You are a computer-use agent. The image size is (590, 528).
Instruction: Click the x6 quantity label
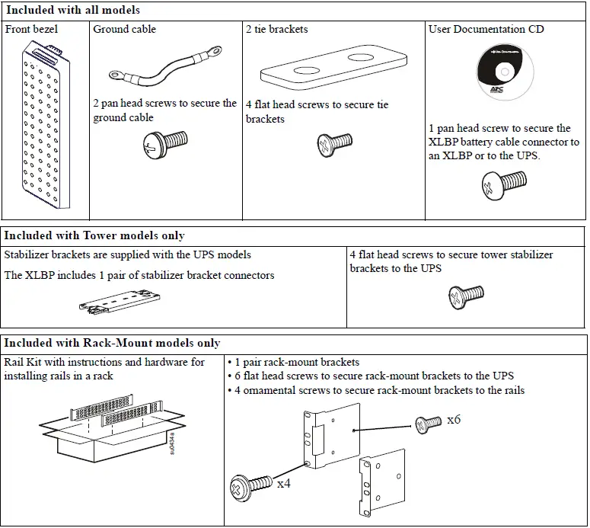454,420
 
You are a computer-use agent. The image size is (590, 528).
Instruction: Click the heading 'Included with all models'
72,11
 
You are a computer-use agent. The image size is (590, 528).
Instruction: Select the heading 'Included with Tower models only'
94,235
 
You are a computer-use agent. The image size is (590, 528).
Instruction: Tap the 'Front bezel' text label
31,29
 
